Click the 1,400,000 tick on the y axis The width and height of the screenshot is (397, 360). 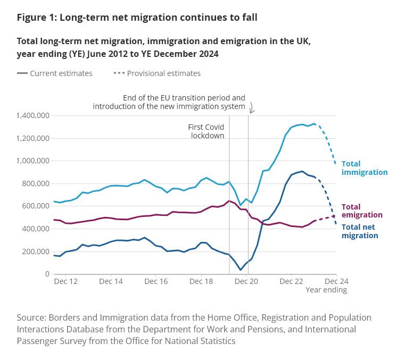click(x=33, y=115)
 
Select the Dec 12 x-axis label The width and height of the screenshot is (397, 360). click(x=66, y=281)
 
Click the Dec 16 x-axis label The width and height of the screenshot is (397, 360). click(x=157, y=281)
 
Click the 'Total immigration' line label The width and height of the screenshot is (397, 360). click(x=364, y=168)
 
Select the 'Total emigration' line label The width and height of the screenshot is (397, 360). click(x=361, y=211)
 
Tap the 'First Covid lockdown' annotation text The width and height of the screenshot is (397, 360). click(x=206, y=131)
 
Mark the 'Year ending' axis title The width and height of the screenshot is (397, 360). click(x=326, y=290)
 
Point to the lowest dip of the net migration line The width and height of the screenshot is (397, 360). click(x=240, y=270)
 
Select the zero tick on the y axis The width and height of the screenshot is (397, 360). click(x=47, y=274)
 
